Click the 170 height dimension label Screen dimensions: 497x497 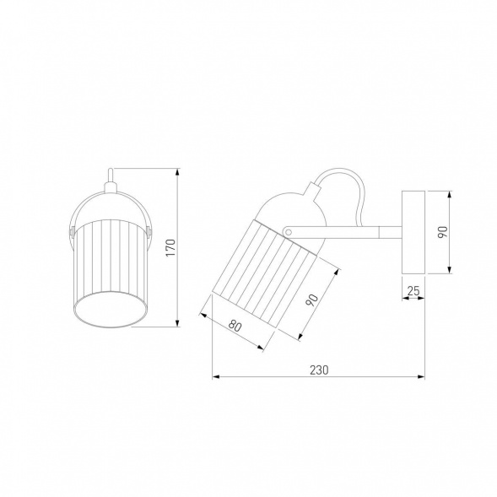(170, 248)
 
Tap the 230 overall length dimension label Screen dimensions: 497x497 (319, 370)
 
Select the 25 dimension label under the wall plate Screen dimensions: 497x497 (413, 290)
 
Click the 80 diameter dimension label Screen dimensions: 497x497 (235, 326)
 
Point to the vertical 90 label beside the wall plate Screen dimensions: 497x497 (442, 232)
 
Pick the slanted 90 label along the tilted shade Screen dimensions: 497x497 (311, 300)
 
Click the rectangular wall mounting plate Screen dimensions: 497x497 (413, 232)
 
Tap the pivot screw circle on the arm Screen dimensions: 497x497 (288, 232)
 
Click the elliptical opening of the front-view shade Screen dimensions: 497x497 (111, 310)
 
